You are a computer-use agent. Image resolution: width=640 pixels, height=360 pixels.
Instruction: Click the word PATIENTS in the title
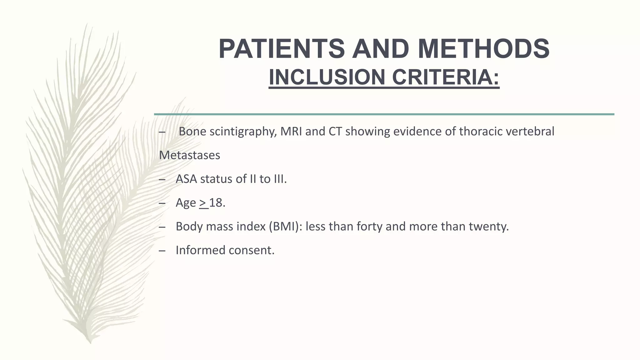click(281, 49)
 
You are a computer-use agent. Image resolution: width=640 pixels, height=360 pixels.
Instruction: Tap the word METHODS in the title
click(483, 49)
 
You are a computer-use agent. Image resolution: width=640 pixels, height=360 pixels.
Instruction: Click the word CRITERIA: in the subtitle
click(446, 77)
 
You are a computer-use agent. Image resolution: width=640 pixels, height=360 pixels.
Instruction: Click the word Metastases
click(190, 155)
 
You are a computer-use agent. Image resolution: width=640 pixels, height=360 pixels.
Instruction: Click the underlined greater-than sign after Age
click(203, 203)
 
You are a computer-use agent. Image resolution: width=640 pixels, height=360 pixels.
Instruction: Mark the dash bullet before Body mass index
click(162, 227)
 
